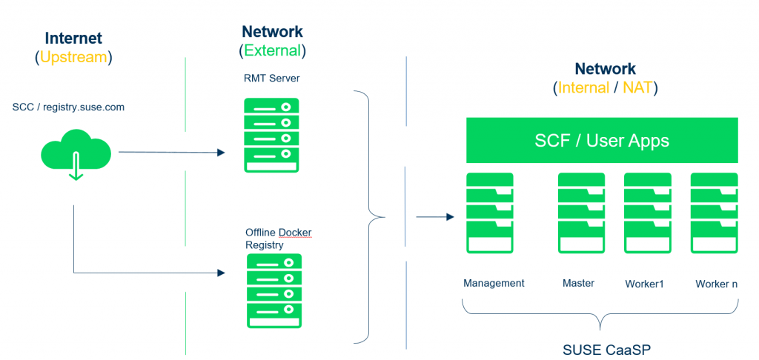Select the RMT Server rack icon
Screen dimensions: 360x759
(x=271, y=136)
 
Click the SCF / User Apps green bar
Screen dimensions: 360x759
(x=601, y=140)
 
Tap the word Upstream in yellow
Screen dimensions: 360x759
(x=73, y=57)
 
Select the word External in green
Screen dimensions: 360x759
(x=272, y=51)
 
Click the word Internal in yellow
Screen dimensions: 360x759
(x=583, y=88)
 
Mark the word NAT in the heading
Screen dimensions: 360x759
(x=638, y=88)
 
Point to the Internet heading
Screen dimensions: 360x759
(x=73, y=39)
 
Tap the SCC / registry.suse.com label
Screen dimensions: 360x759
(x=68, y=107)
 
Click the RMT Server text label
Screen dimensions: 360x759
(x=271, y=78)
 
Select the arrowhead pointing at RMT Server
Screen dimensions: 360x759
(x=221, y=153)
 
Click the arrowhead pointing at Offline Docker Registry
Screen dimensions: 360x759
(x=221, y=273)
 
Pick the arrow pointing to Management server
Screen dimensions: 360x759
(x=448, y=217)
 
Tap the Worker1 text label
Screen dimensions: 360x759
(x=644, y=284)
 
